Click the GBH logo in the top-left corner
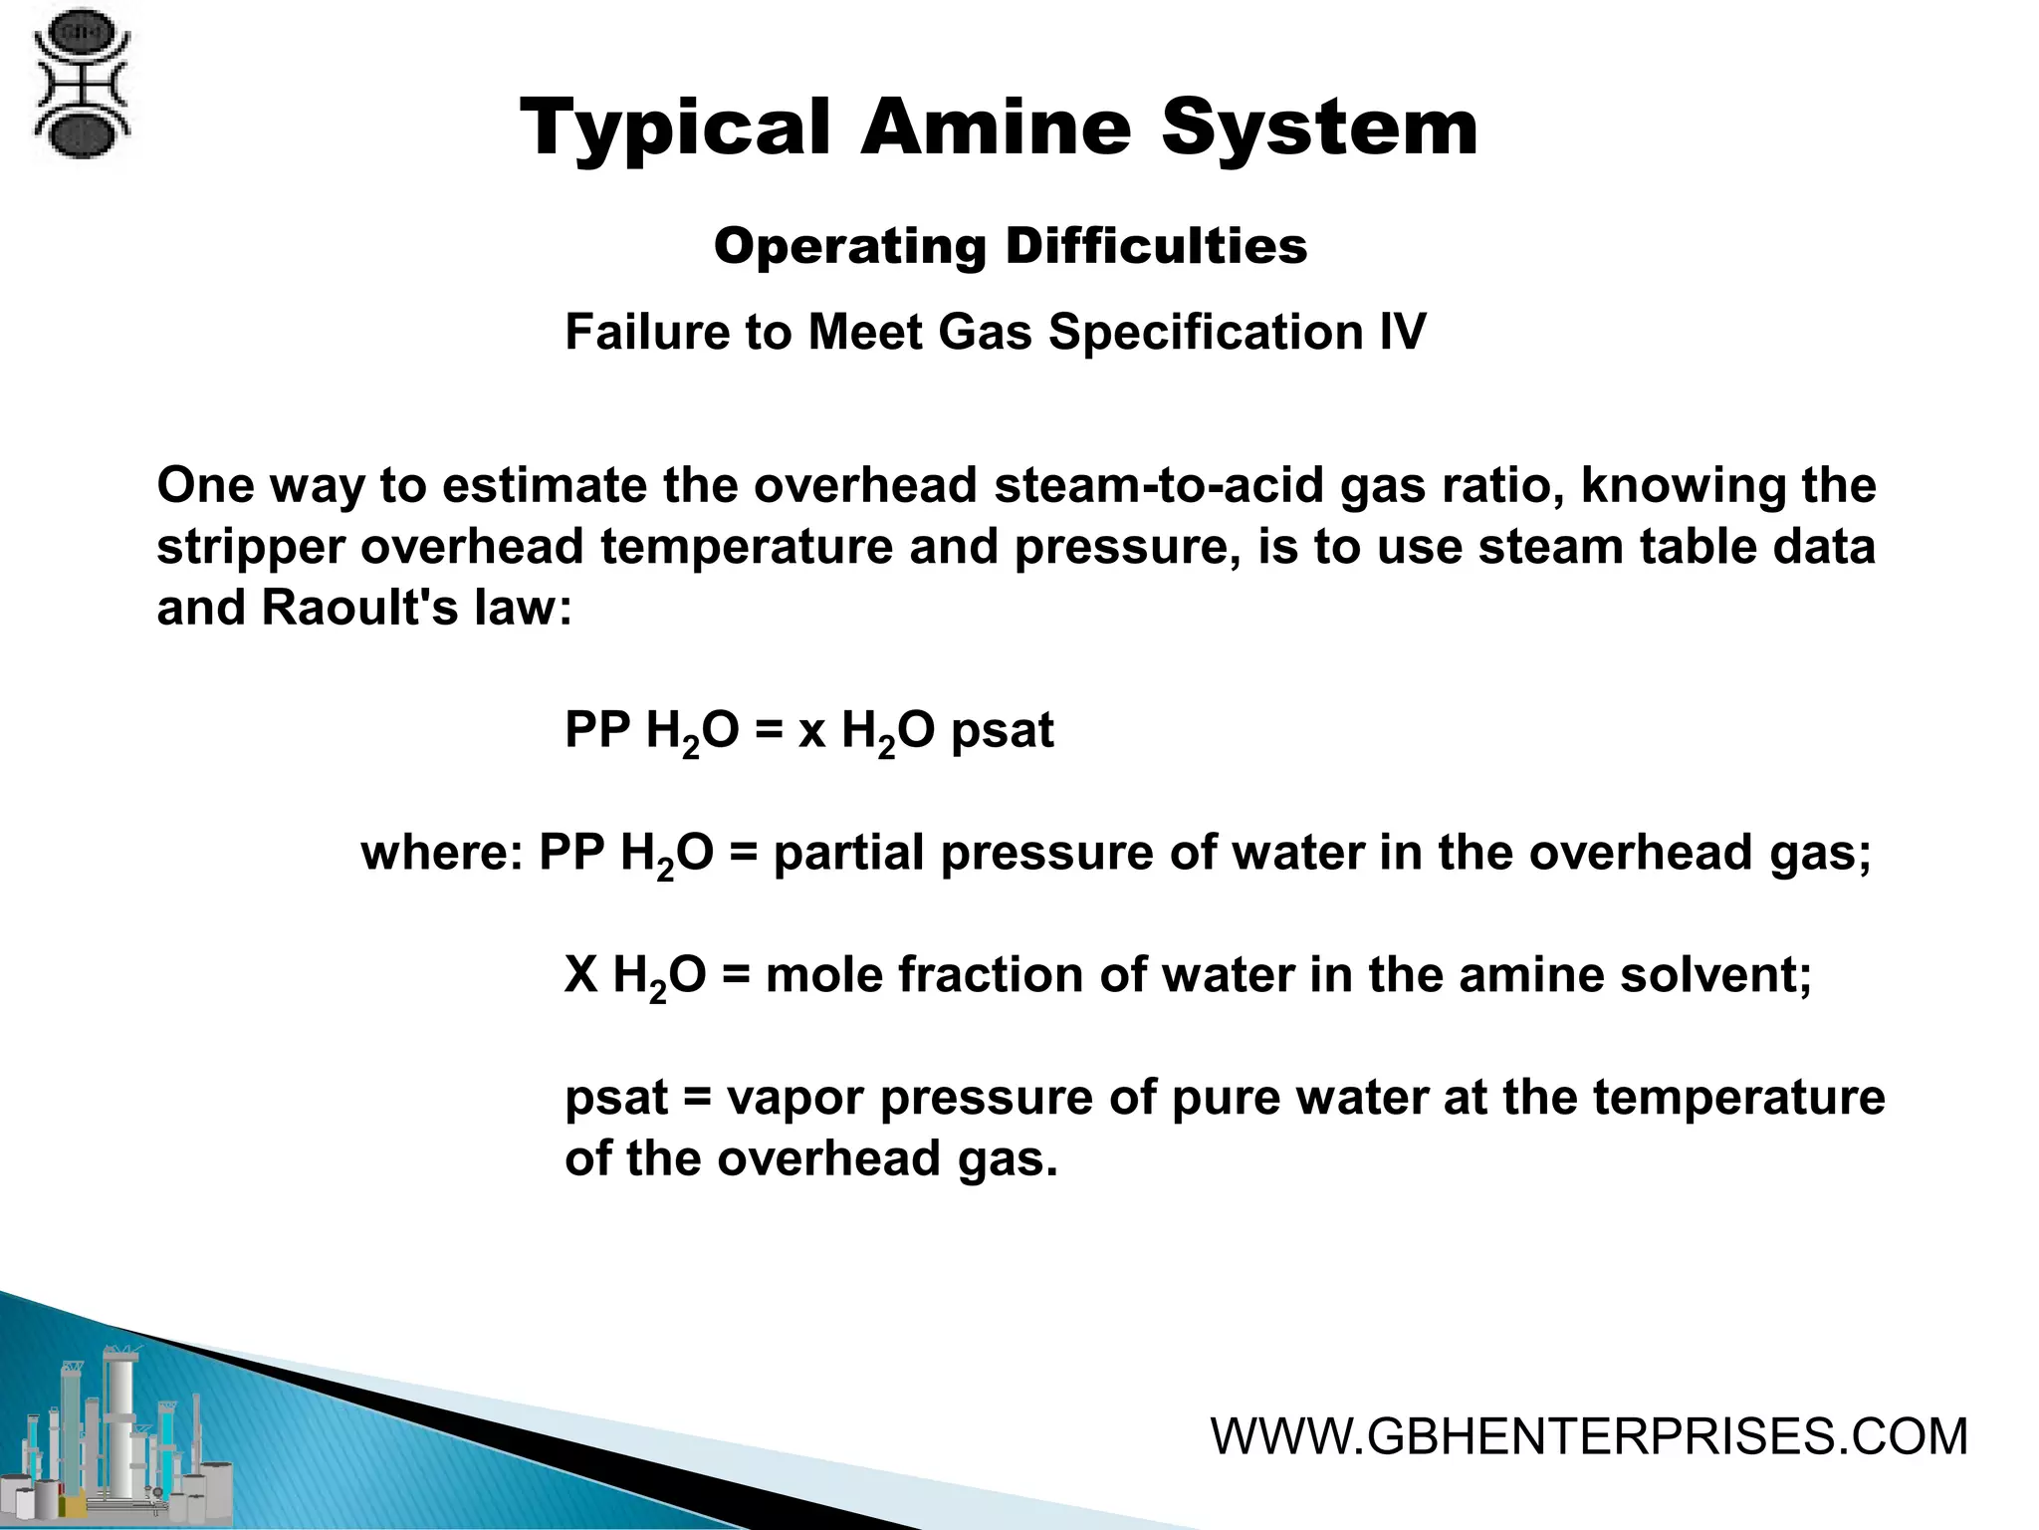[82, 91]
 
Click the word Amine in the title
[995, 128]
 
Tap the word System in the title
[1320, 128]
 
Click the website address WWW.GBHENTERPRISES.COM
[1589, 1437]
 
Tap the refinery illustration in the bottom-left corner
[119, 1434]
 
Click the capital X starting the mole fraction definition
[580, 975]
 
